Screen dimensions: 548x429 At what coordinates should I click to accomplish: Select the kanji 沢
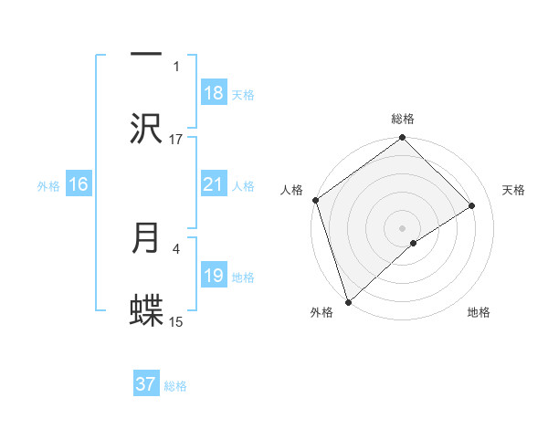pos(146,128)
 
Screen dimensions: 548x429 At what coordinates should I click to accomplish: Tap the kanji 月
pos(146,238)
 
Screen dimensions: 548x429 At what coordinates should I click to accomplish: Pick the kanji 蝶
pos(146,310)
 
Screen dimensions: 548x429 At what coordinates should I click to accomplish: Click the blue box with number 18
pos(214,93)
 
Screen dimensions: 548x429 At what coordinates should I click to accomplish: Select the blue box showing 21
pos(214,184)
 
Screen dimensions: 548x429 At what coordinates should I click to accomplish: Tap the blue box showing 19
pos(214,276)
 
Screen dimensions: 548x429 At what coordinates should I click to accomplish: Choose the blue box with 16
pos(79,184)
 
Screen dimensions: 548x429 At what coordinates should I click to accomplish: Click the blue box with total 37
pos(146,384)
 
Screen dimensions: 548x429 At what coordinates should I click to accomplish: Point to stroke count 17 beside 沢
pos(176,139)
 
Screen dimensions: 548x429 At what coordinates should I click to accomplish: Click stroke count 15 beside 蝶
pos(176,321)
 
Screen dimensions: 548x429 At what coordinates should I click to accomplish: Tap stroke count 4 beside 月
pos(176,247)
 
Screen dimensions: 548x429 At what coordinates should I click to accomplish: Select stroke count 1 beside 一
pos(176,66)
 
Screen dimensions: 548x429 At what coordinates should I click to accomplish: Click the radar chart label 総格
pos(403,119)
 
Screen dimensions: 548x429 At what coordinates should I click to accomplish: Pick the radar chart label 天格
pos(514,190)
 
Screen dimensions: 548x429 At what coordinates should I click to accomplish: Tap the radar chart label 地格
pos(479,313)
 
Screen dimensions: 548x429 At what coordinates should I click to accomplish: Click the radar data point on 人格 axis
pos(315,200)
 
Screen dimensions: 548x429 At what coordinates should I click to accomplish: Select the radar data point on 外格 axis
pos(347,301)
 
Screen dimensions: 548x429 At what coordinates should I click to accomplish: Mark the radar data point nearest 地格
pos(414,243)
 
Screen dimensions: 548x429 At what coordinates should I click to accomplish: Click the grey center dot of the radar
pos(403,226)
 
